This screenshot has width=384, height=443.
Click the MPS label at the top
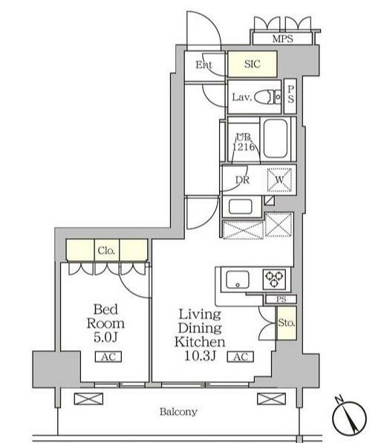coord(282,39)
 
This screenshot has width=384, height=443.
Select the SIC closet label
coord(252,64)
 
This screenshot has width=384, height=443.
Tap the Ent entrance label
coord(204,65)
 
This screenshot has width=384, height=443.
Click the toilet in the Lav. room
coord(268,97)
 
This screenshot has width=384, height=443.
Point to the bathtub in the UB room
coord(275,139)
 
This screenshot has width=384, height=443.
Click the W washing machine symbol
coord(279,180)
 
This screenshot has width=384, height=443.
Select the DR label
coord(242,180)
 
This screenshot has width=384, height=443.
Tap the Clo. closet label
coord(106,250)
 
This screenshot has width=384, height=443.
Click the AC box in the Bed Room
coord(108,356)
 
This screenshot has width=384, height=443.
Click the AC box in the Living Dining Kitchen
coord(241,356)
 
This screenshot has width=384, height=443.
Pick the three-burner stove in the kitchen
coord(274,279)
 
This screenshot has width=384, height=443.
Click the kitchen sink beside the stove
coord(238,280)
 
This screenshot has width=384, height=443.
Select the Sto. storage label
coord(287,322)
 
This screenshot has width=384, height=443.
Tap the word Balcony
coord(178,412)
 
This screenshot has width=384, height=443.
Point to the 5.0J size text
coord(105,337)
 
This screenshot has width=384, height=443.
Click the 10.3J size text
coord(201,355)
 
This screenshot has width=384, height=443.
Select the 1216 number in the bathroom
coord(244,147)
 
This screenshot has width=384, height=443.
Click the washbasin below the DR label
coord(241,206)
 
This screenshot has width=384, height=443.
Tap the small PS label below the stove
coord(281,299)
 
